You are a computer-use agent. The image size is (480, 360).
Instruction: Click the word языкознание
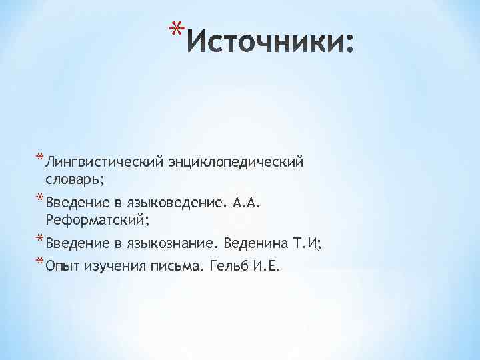pos(175,243)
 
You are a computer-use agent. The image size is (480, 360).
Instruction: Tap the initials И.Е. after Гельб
pos(268,267)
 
